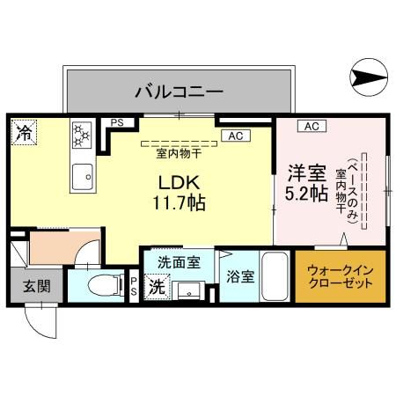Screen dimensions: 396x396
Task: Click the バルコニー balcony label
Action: tap(178, 91)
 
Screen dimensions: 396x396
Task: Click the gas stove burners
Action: tap(82, 135)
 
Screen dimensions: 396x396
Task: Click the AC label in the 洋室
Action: tap(311, 127)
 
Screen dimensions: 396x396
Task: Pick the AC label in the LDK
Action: tap(235, 136)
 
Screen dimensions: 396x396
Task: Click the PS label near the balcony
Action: tap(116, 124)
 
